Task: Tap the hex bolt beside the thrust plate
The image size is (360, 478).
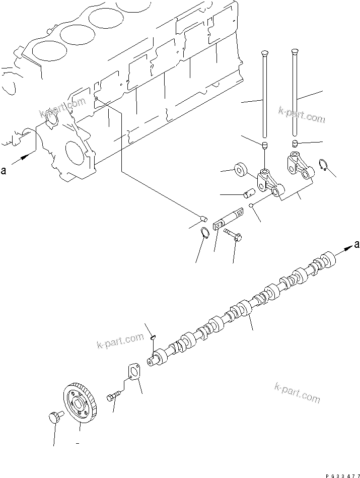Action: click(x=113, y=397)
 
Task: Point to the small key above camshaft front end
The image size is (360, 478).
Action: click(x=154, y=338)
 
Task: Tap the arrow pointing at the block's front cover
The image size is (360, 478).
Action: click(x=23, y=160)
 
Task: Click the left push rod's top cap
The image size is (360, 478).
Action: click(x=264, y=52)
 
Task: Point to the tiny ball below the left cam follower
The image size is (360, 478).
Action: click(x=251, y=205)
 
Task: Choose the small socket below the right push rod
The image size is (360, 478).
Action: click(x=296, y=143)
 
